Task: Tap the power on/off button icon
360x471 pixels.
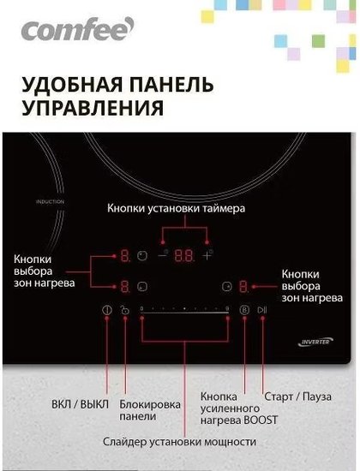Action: pos(107,310)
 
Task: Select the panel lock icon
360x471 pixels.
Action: pos(124,310)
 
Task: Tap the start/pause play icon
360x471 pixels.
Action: pos(262,310)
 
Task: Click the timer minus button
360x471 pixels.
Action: pos(163,255)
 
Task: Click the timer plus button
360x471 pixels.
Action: pos(207,255)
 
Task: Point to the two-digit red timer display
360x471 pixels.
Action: pos(184,256)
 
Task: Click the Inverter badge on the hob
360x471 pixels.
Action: pos(315,342)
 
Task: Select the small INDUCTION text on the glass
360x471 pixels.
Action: pos(50,201)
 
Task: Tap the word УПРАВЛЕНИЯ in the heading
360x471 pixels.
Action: pos(93,108)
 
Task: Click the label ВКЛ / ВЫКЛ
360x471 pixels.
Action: pos(80,404)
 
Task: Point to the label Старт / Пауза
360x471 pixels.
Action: pos(297,396)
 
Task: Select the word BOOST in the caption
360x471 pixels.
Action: pos(261,420)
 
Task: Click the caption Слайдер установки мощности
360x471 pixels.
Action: pos(179,442)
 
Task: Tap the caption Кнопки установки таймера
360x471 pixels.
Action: pos(176,208)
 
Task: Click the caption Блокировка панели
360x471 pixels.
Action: pos(150,410)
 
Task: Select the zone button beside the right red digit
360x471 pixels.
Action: pos(227,286)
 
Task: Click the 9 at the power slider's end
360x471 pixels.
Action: pos(227,308)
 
